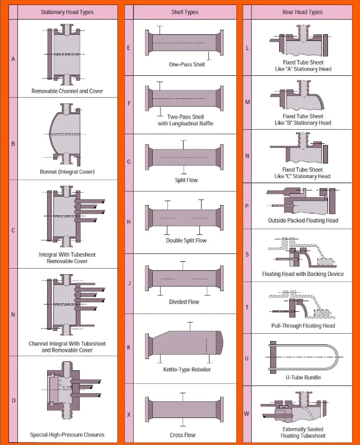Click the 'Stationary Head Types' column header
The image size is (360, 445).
67,12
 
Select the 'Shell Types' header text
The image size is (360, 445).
185,12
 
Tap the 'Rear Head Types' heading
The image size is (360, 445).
302,12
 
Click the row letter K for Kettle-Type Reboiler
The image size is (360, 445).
129,347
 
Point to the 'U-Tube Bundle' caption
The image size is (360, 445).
303,377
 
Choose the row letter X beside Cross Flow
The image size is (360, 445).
129,414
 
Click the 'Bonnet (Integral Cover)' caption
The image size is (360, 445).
67,172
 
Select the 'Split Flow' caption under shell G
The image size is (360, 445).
186,180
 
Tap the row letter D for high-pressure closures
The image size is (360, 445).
13,401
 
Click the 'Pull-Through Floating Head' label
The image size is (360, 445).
303,325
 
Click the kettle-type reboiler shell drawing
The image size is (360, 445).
184,343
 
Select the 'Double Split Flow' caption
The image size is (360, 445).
186,240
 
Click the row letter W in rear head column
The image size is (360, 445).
247,414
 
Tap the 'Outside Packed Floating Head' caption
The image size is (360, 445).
303,220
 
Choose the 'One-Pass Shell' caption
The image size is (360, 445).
187,65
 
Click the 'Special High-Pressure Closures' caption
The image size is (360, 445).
67,434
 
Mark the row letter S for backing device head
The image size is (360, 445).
247,255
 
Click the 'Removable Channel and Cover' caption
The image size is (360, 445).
67,91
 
